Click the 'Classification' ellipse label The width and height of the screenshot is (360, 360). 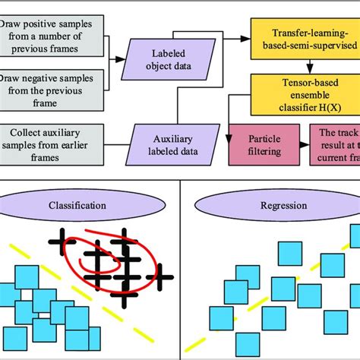coord(90,206)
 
